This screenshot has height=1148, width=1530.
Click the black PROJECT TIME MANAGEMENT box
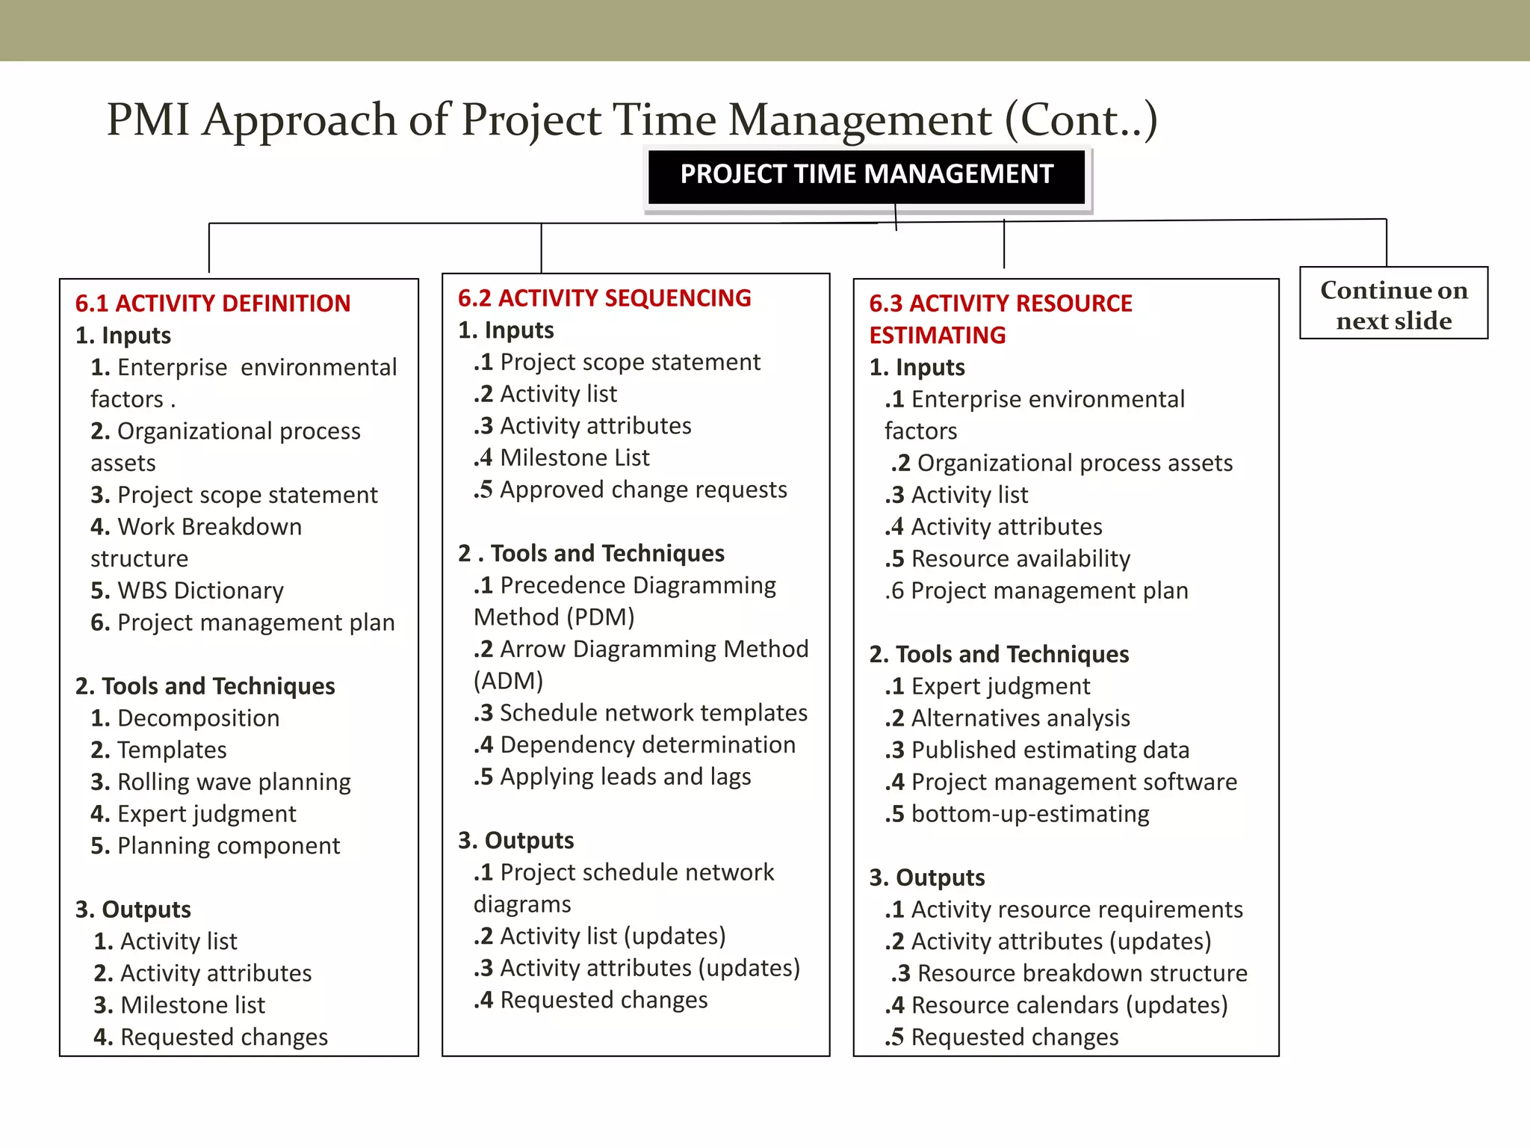(x=866, y=175)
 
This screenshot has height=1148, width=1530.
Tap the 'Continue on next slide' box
(x=1393, y=304)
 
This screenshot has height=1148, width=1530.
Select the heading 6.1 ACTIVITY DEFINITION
(x=213, y=303)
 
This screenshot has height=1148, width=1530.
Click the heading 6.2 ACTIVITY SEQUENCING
(x=604, y=298)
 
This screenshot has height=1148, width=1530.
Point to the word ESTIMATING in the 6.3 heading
(x=938, y=336)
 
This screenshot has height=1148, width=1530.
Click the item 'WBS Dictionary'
(x=200, y=590)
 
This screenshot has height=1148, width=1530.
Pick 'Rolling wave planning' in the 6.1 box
(x=234, y=782)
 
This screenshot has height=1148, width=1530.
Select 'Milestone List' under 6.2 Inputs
(x=574, y=457)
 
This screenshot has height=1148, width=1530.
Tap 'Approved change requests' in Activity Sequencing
(x=643, y=490)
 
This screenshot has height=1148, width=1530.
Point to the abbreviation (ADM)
(x=508, y=681)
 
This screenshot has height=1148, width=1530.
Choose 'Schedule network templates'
(x=653, y=713)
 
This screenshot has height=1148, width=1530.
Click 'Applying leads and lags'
(x=625, y=777)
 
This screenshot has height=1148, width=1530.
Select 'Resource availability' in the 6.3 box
(x=1020, y=559)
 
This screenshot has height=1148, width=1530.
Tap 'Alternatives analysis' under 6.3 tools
(x=1020, y=718)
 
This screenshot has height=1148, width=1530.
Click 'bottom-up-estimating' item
(x=1030, y=814)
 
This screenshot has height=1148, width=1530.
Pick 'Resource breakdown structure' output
(x=1082, y=973)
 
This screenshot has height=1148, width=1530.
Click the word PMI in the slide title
(x=148, y=120)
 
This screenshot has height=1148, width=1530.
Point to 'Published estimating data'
(x=1050, y=750)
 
